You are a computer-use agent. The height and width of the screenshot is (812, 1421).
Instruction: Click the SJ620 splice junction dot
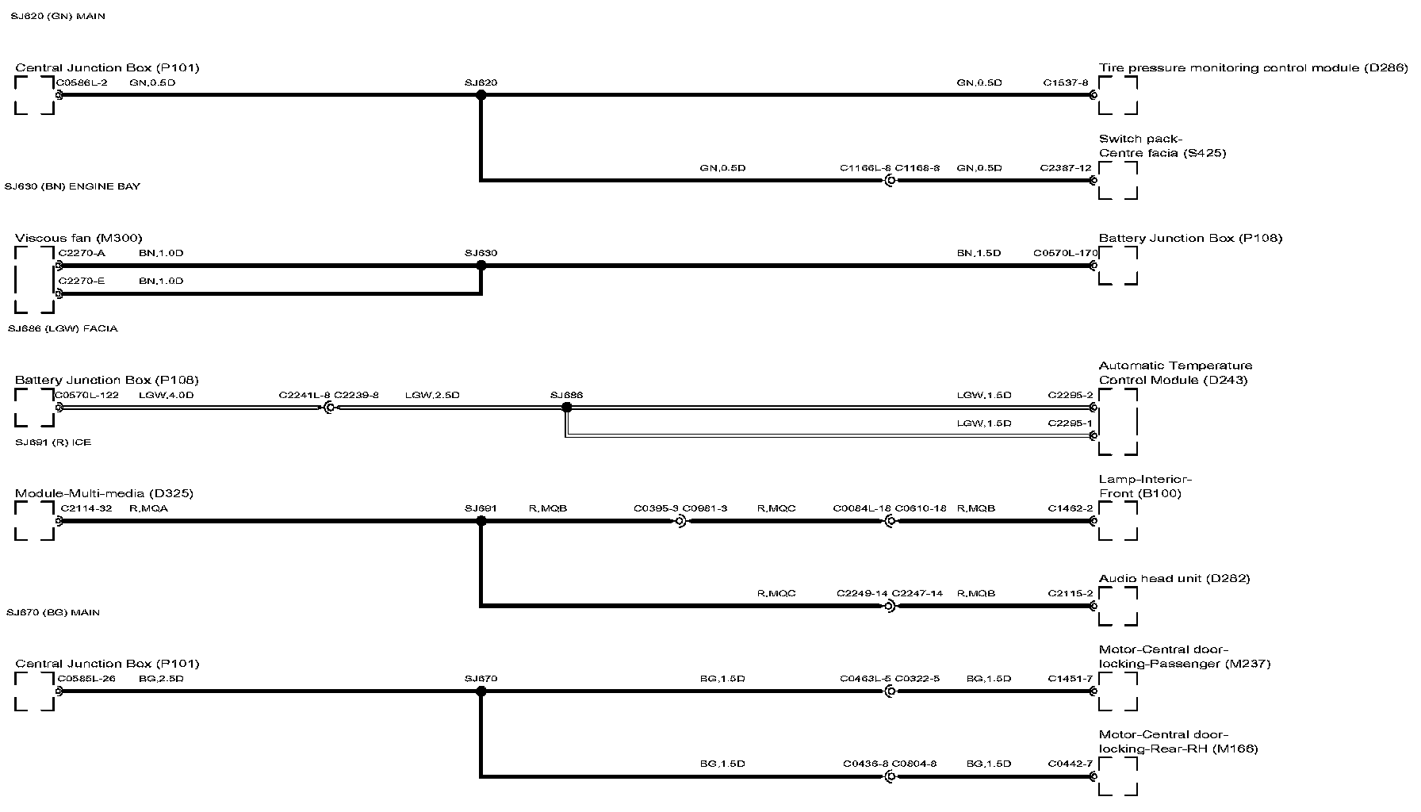(481, 95)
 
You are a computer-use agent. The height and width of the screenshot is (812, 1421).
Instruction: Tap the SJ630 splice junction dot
(481, 266)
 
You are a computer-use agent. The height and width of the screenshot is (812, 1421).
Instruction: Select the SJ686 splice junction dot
(566, 408)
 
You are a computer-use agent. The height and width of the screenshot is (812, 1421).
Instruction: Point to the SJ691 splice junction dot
(481, 521)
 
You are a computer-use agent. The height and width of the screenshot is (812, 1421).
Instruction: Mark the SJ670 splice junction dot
(481, 691)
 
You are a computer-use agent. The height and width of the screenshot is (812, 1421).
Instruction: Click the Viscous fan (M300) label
(79, 238)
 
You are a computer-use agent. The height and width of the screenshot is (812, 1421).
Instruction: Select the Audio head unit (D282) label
(1174, 578)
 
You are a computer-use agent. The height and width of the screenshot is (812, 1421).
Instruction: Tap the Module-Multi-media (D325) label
(104, 493)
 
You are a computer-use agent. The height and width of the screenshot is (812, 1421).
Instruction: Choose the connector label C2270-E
(82, 281)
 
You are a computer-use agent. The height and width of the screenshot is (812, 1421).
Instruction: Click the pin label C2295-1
(1070, 423)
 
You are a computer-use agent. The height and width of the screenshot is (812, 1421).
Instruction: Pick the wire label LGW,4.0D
(166, 395)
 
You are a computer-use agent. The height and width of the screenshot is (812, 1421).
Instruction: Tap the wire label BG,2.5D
(161, 679)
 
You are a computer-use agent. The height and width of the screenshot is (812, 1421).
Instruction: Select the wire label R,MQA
(148, 508)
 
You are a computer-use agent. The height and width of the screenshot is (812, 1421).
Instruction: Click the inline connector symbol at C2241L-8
(328, 408)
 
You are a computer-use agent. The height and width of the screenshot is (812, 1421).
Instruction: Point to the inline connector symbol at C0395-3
(680, 521)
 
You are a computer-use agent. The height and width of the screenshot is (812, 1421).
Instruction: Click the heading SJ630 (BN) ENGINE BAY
(72, 186)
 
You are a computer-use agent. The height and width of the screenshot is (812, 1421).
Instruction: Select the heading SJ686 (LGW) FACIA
(63, 328)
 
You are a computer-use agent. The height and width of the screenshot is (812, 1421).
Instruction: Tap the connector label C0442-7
(1070, 764)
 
